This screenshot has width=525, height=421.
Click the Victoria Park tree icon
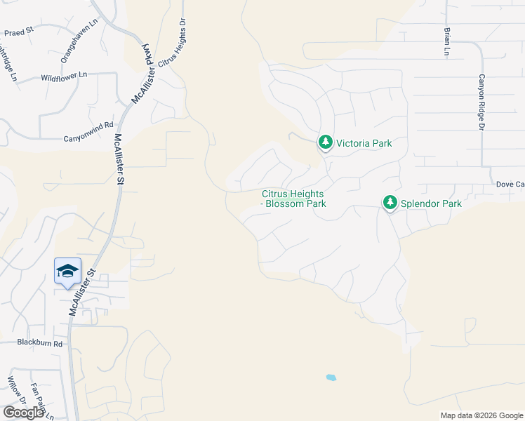(x=325, y=142)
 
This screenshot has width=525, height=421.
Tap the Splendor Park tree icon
(x=390, y=203)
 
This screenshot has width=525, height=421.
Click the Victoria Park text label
(x=364, y=143)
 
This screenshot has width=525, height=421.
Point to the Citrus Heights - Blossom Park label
(x=294, y=199)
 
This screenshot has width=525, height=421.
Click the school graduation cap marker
(x=67, y=272)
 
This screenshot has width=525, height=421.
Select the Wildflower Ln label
(x=64, y=75)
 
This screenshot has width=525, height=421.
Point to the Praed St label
(x=19, y=32)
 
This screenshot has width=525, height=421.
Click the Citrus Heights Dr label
(x=172, y=43)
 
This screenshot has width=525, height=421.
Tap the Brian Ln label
(x=446, y=41)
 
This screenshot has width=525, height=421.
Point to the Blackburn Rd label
(x=40, y=344)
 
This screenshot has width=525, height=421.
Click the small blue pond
(x=331, y=377)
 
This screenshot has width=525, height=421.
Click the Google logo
(x=23, y=412)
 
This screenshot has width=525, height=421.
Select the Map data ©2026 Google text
(x=481, y=415)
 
